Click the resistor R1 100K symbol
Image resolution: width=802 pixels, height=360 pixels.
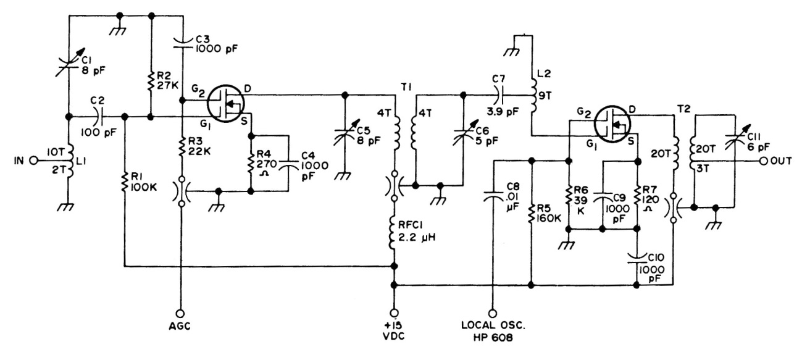click(125, 181)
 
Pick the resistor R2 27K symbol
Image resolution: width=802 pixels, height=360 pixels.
click(151, 81)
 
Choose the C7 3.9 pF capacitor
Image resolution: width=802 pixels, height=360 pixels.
click(499, 96)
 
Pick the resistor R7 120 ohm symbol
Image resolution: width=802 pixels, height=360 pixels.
click(637, 196)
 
